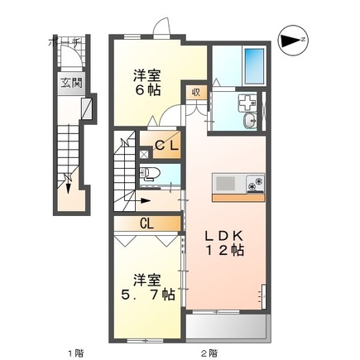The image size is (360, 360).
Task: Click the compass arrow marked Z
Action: click(x=291, y=39)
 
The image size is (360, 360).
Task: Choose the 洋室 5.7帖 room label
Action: click(x=145, y=286)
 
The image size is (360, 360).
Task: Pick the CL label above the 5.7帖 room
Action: click(x=146, y=223)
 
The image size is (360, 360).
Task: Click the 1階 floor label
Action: click(x=75, y=352)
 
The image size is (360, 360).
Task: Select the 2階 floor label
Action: click(x=209, y=352)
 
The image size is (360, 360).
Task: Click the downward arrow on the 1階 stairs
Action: click(x=70, y=185)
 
